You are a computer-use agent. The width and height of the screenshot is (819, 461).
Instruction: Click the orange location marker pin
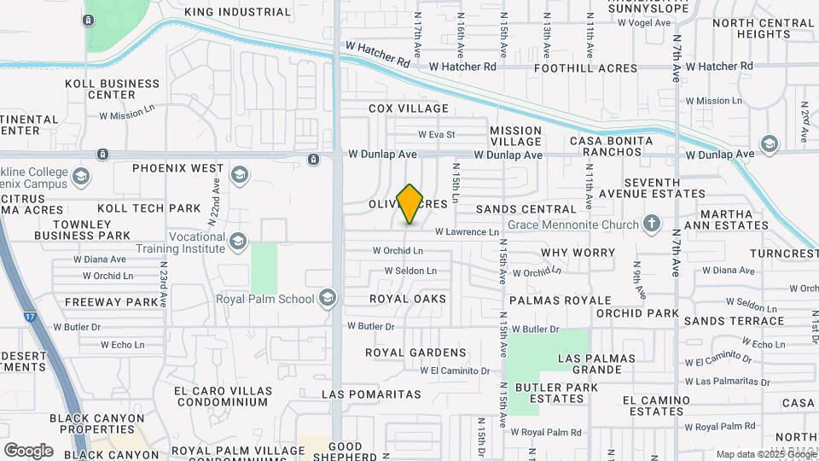point(410,203)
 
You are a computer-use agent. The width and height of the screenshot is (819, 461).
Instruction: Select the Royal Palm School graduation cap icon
point(327,299)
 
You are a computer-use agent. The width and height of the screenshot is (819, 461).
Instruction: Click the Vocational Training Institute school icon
point(238,242)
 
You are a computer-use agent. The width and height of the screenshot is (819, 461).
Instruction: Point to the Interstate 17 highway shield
point(31,318)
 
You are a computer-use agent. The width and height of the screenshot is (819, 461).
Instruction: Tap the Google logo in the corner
point(28,450)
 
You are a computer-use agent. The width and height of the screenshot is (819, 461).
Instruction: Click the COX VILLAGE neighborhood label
point(408,108)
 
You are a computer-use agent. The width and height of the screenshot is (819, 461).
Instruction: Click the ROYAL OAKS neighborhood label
point(407,299)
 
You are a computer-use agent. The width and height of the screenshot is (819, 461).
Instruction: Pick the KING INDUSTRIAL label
point(237,12)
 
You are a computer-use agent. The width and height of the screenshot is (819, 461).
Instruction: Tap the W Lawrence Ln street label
point(466,231)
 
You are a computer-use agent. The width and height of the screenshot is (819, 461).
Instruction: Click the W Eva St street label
point(436,134)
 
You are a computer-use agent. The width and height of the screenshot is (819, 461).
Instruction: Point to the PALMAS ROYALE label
point(560,301)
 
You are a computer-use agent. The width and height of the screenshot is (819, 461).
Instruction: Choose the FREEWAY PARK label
point(112,301)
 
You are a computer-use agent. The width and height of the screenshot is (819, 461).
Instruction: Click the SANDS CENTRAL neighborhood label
point(526,209)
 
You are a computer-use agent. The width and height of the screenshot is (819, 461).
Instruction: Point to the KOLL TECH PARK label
point(148,208)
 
